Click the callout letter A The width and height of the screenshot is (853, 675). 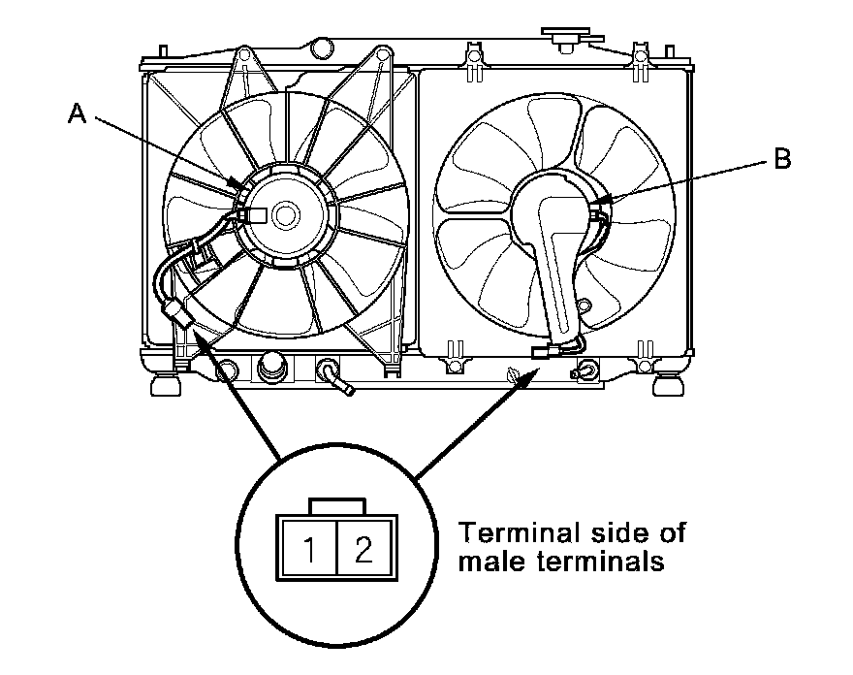(x=77, y=114)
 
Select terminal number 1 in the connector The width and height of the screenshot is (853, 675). (x=307, y=551)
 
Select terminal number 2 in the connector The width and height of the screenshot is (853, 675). (x=363, y=551)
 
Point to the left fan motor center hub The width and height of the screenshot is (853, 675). (x=286, y=214)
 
